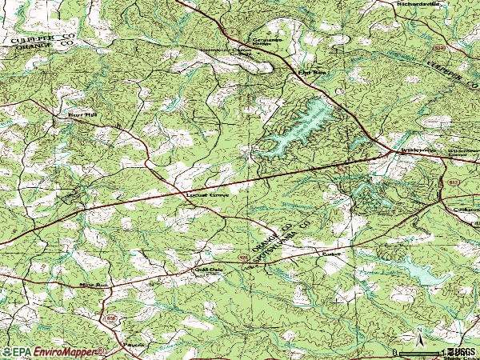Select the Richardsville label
pyautogui.click(x=418, y=4)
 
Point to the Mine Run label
pyautogui.click(x=93, y=284)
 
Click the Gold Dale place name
pyautogui.click(x=206, y=270)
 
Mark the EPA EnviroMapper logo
pyautogui.click(x=52, y=352)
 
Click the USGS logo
pyautogui.click(x=462, y=352)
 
